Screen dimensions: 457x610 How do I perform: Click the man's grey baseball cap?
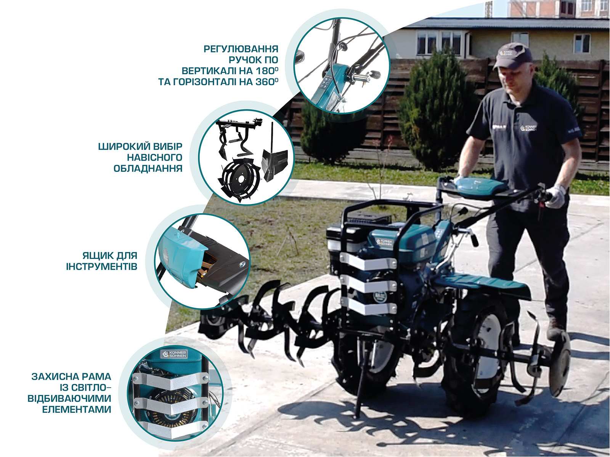coord(513,54)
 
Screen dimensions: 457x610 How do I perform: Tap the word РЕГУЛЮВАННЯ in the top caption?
coord(241,49)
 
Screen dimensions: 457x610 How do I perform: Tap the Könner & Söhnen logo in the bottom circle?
coord(174,354)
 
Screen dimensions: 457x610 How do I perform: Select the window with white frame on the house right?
coord(581,43)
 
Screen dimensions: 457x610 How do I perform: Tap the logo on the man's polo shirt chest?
coord(528,128)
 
